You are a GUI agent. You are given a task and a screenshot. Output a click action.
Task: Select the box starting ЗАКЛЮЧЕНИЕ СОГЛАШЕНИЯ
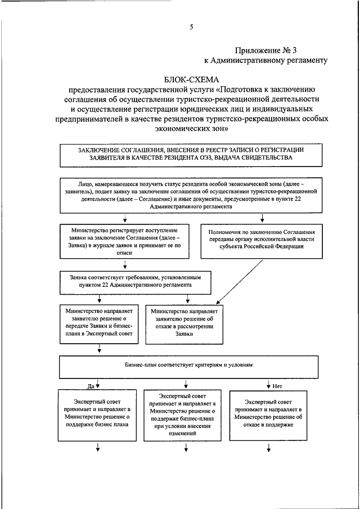click(191, 154)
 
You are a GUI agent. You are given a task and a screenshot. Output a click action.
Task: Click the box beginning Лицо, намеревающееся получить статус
click(191, 195)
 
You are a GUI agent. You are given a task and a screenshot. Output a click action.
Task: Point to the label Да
click(89, 387)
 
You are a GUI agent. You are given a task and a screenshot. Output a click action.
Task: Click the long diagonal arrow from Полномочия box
click(244, 278)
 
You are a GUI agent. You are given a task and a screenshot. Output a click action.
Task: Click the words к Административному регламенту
click(265, 60)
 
